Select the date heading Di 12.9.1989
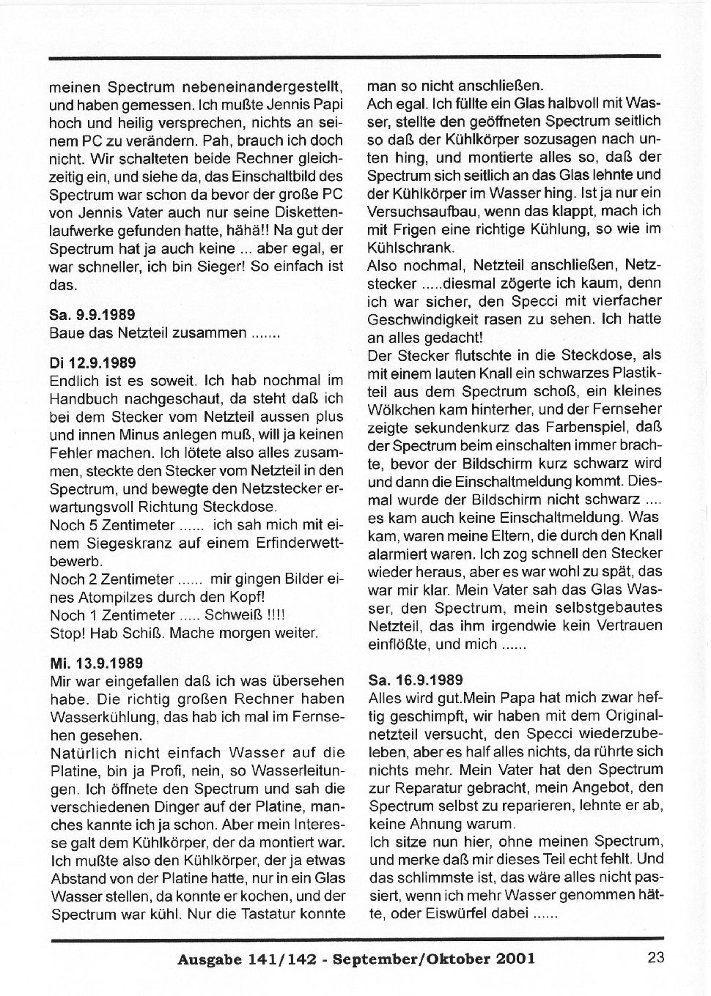pos(92,363)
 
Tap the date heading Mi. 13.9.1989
pos(95,663)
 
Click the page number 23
pos(655,957)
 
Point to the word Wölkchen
pos(399,409)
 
